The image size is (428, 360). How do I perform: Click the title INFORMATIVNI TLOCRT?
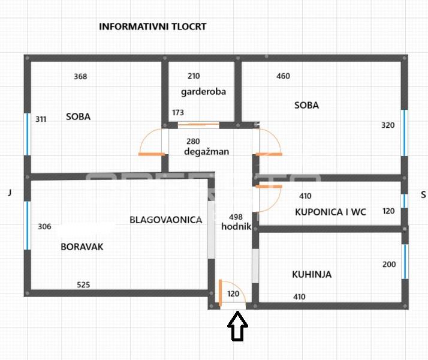point(152,27)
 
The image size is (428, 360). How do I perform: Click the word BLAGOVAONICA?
point(166,220)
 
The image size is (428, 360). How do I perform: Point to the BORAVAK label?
point(82,246)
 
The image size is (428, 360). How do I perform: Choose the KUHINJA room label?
point(312,274)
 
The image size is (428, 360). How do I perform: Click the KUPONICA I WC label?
point(330,211)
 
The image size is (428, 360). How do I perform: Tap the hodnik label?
point(236,226)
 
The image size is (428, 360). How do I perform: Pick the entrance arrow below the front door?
point(238,328)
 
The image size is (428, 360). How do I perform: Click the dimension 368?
point(80,76)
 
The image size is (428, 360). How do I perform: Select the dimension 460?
point(283,76)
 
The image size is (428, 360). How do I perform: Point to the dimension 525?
point(83,285)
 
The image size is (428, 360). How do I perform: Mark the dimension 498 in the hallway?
point(236,217)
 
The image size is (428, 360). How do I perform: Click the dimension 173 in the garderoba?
point(178,112)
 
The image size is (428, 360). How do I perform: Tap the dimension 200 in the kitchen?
point(389,265)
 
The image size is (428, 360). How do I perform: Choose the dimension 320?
point(388,125)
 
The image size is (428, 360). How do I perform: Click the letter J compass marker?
point(10,193)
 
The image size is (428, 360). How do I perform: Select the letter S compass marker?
point(423,194)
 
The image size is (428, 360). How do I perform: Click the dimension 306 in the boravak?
point(44,227)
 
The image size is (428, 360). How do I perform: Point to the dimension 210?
point(194,76)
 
